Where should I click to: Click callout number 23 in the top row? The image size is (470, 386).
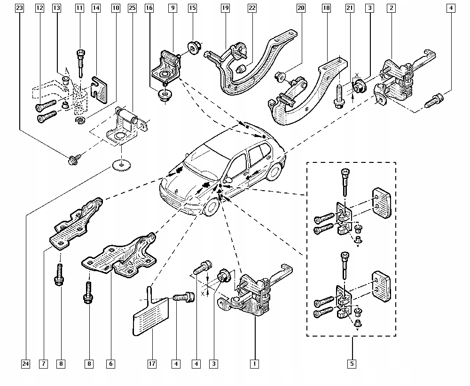[x=19, y=8]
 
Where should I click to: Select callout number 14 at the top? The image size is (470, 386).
[x=96, y=8]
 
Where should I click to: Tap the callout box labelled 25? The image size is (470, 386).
[x=132, y=8]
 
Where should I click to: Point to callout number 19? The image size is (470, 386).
[x=226, y=8]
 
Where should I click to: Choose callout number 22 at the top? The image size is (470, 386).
[x=252, y=8]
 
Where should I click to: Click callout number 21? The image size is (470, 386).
[x=350, y=8]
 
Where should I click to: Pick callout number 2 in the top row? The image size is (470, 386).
[x=391, y=8]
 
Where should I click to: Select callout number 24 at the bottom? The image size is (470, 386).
[x=26, y=364]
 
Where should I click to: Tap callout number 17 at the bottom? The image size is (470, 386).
[x=152, y=364]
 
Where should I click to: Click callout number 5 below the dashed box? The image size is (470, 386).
[x=352, y=364]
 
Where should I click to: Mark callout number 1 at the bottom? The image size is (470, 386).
[x=254, y=364]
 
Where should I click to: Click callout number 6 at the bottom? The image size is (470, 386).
[x=110, y=364]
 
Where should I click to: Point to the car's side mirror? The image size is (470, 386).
[x=228, y=180]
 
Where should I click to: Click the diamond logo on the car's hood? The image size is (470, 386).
[x=177, y=191]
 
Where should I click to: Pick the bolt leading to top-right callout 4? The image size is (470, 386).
[x=434, y=101]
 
